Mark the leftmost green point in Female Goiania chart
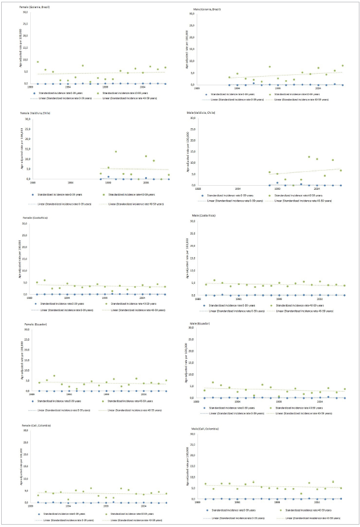pos(38,62)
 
